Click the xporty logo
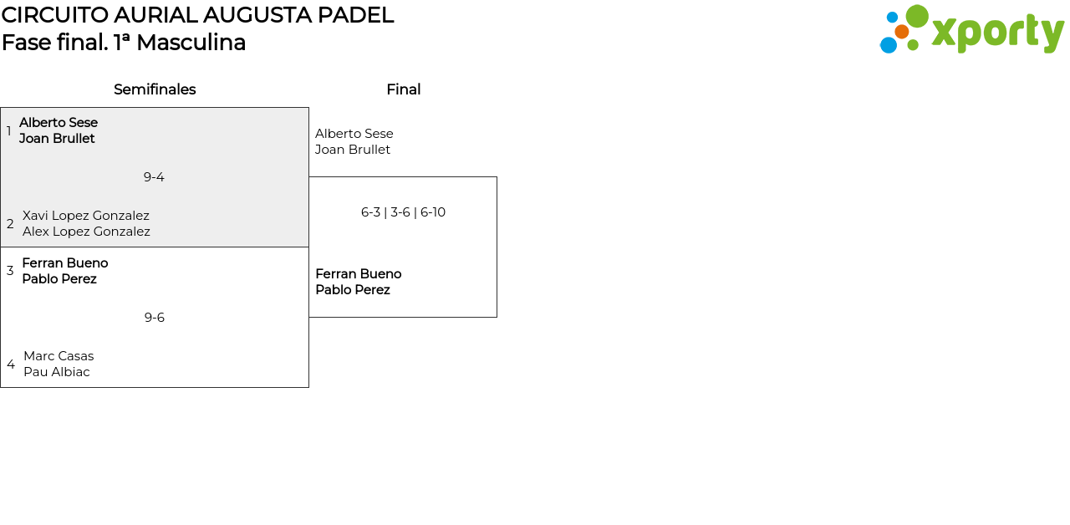(971, 30)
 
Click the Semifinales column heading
(155, 89)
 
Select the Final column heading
(403, 89)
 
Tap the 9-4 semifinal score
(154, 177)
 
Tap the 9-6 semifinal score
(155, 318)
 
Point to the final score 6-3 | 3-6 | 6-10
(403, 212)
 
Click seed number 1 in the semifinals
(9, 131)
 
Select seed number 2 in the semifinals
(10, 224)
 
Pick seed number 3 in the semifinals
(10, 271)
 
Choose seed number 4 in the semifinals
(11, 364)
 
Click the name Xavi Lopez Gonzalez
(86, 216)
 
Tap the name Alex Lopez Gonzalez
(86, 232)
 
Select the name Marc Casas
(59, 356)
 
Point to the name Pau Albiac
(57, 372)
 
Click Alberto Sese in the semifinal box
(59, 123)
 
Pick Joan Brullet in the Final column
(353, 150)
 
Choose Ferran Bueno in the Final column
(359, 274)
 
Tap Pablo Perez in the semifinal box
(59, 279)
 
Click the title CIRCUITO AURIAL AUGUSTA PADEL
(197, 15)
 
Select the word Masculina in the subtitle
(191, 43)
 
